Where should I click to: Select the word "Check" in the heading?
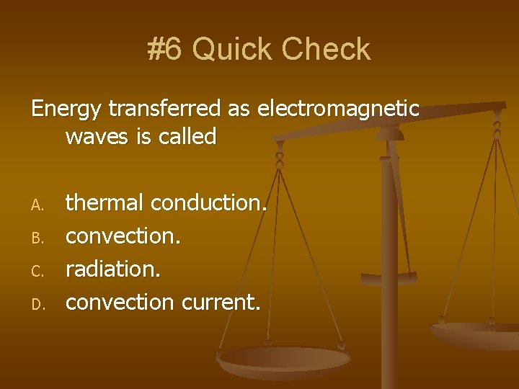pos(326,49)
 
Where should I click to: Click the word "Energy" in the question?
pos(67,109)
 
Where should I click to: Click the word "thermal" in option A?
pos(105,203)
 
